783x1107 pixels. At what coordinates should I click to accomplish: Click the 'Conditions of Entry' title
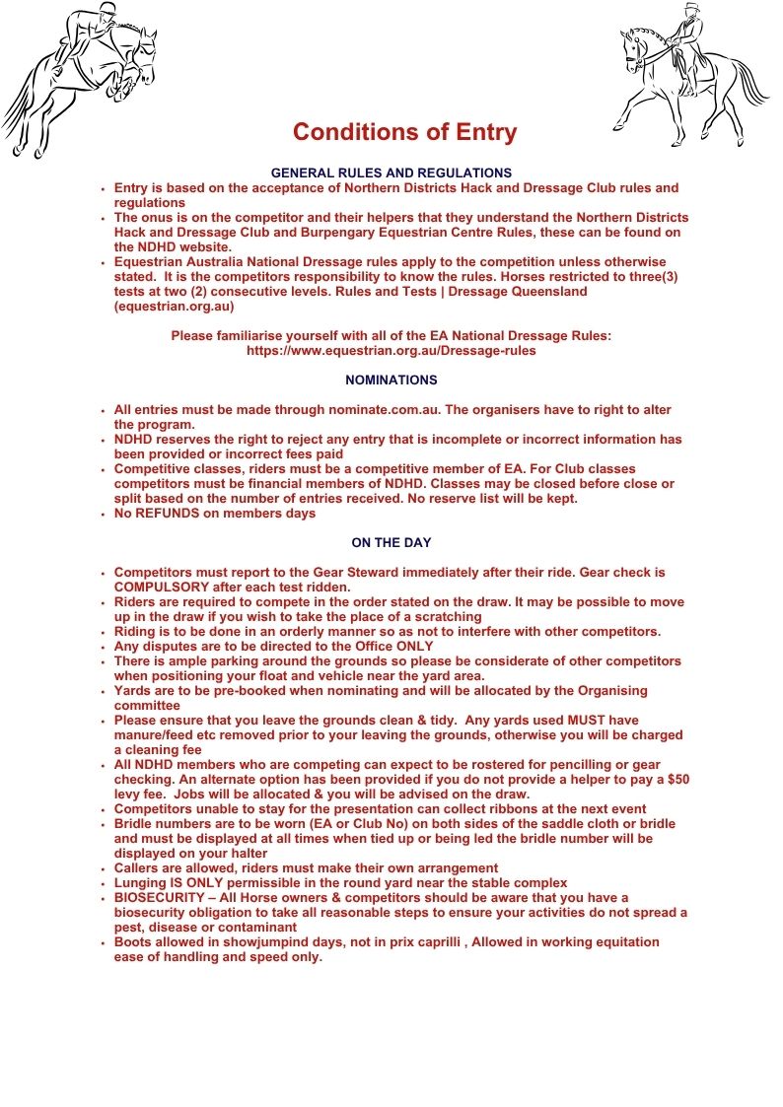click(404, 133)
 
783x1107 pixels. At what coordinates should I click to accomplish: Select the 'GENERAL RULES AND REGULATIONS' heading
click(391, 173)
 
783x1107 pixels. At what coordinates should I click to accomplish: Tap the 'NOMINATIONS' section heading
click(391, 380)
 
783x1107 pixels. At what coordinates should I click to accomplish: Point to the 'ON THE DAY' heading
click(391, 542)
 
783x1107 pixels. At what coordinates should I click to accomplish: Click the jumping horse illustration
click(79, 79)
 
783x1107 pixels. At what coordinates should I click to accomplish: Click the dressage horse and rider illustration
click(690, 74)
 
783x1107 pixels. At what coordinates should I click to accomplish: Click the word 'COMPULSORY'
click(159, 587)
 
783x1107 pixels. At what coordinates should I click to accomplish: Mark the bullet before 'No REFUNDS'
click(103, 514)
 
